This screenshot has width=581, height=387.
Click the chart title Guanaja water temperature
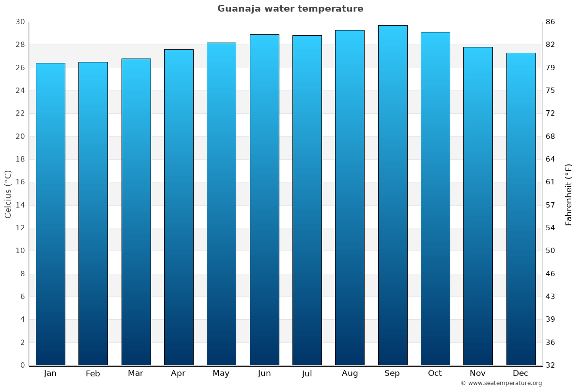[x=290, y=9]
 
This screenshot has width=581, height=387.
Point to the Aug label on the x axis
[x=350, y=373]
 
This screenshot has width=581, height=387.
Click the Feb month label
[x=92, y=373]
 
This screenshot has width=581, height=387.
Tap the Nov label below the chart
[x=478, y=373]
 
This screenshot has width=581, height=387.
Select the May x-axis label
[x=221, y=373]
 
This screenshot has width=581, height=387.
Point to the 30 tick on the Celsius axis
[x=20, y=22]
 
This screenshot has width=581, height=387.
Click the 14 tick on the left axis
[x=20, y=205]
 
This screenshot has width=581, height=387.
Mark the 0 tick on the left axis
[x=22, y=365]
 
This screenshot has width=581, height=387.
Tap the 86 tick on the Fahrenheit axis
[x=550, y=22]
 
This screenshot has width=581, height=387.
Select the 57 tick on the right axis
[x=550, y=205]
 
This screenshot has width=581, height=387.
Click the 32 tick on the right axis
[x=550, y=365]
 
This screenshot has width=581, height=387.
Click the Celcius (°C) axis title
[x=8, y=193]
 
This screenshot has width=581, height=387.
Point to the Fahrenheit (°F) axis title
[x=569, y=194]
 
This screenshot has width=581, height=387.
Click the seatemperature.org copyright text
[x=501, y=383]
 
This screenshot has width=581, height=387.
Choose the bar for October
[x=435, y=199]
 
